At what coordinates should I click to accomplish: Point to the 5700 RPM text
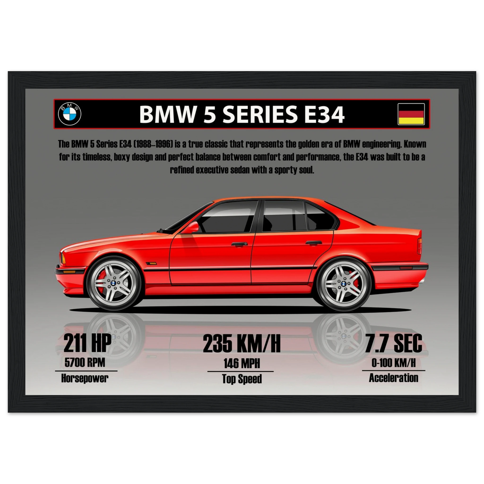point(85,363)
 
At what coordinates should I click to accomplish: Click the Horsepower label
point(85,378)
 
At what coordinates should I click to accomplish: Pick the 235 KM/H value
point(242,344)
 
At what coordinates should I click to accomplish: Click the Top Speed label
point(242,379)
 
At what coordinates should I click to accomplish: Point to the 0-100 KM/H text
point(393,363)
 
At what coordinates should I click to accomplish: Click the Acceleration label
point(393,378)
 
